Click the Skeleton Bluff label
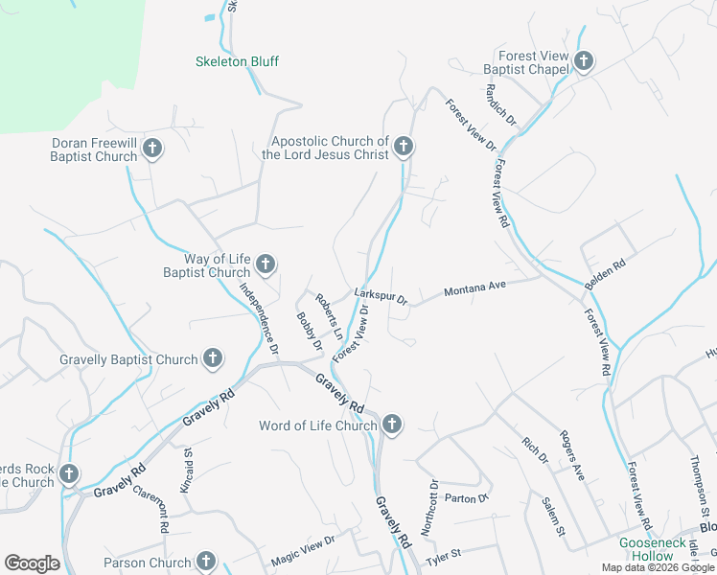[237, 61]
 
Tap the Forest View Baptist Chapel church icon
[584, 62]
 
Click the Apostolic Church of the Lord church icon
[404, 147]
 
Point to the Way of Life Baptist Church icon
[266, 264]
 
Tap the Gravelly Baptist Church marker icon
[213, 358]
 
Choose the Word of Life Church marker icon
[391, 424]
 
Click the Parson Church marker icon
[206, 562]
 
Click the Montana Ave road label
[474, 287]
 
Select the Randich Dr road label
[501, 106]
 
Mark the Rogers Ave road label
[572, 453]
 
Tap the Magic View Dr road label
[303, 546]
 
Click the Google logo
[33, 563]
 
